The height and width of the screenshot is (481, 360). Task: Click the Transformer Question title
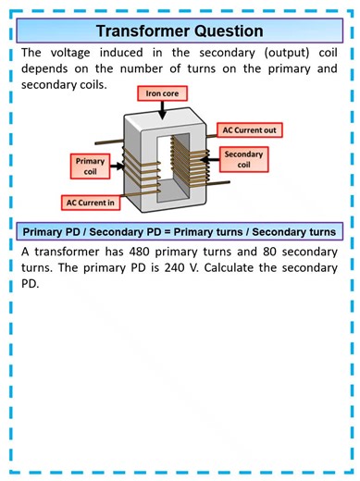(180, 31)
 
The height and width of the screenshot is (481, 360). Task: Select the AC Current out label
(249, 129)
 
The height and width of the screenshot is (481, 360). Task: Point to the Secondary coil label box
(244, 159)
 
